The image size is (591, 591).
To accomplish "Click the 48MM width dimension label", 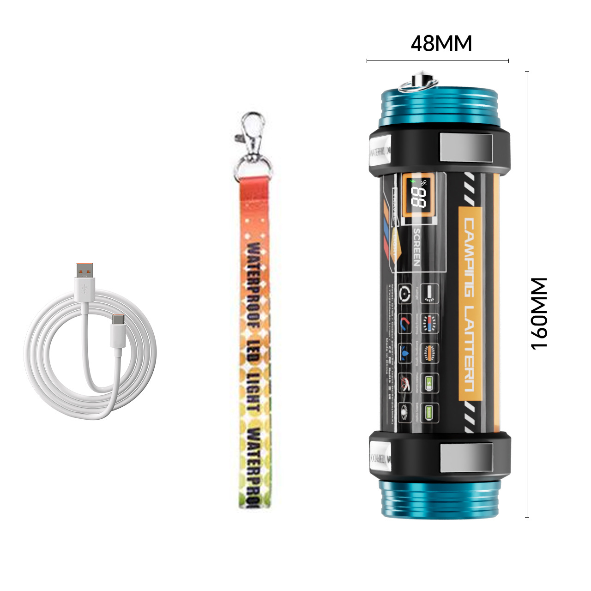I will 441,43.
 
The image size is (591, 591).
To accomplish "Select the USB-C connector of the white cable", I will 118,329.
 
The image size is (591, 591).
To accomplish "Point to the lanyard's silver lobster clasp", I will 252,132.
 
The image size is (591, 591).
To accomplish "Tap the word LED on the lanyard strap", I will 253,351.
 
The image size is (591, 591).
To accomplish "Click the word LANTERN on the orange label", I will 469,348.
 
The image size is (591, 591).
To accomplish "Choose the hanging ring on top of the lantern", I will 418,83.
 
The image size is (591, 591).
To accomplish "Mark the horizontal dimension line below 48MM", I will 437,60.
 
